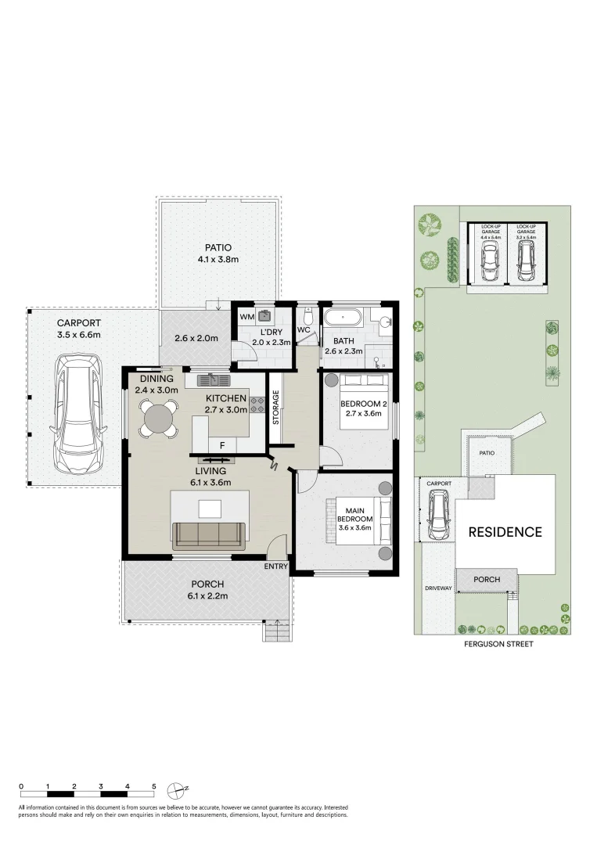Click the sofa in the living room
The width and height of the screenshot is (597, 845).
pos(209,534)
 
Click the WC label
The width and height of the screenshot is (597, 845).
pos(304,329)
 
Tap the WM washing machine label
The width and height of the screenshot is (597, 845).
pos(246,317)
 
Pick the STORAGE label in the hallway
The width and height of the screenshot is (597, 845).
pos(275,407)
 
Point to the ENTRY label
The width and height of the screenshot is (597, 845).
pos(276,566)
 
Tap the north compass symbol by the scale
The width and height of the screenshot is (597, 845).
pos(182,789)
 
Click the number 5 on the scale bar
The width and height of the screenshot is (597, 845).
pos(154,785)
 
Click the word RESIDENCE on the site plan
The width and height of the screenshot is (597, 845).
pos(505,532)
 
